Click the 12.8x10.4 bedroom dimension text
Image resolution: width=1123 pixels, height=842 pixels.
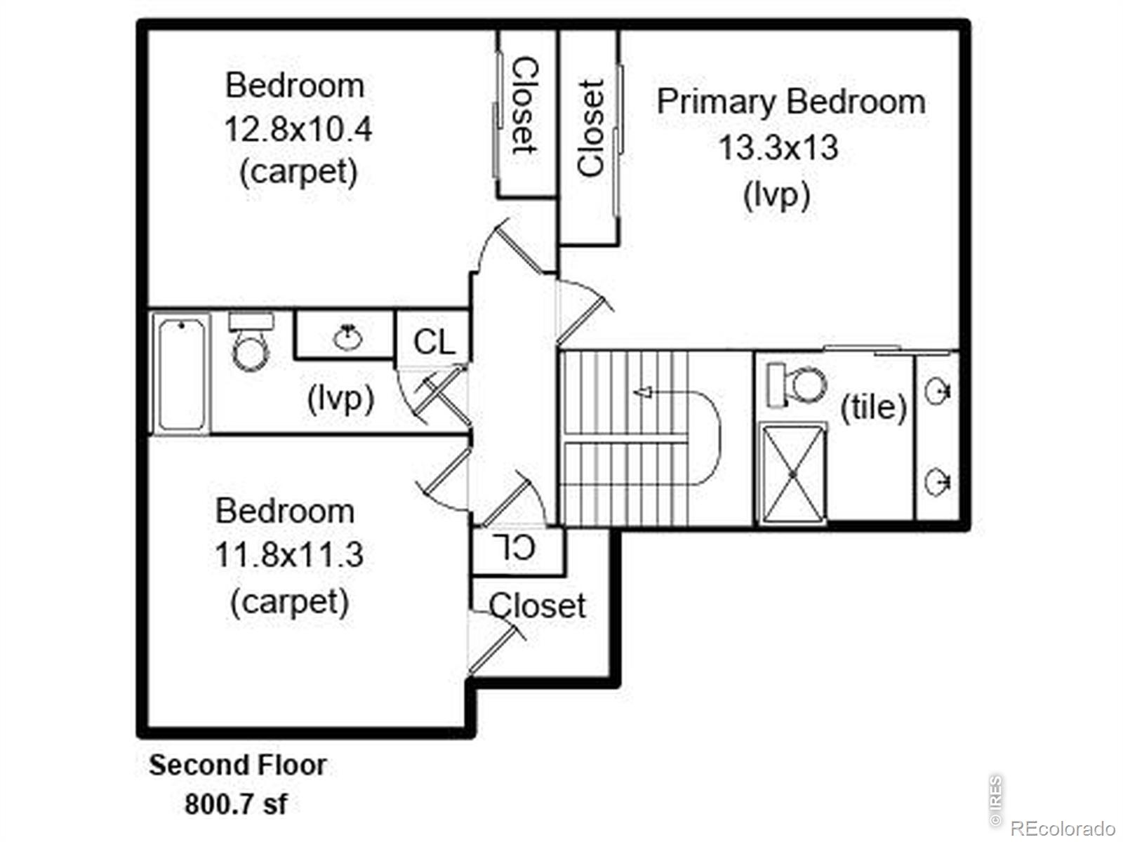tap(298, 129)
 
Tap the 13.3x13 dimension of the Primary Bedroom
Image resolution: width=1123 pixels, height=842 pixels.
tap(778, 148)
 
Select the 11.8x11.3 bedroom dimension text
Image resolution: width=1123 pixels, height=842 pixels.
tap(289, 555)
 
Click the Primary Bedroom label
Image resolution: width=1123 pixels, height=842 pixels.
tap(791, 102)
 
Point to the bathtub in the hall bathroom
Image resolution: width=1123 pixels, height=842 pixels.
tap(181, 374)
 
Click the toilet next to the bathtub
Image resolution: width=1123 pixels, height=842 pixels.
tap(250, 342)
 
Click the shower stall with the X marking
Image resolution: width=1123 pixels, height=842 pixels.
tap(793, 474)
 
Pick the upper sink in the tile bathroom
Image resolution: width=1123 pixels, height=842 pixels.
tap(938, 392)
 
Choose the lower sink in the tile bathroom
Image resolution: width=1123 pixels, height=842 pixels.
tap(938, 481)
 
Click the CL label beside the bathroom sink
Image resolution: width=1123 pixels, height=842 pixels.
tap(434, 342)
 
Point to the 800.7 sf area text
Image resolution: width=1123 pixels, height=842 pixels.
tap(236, 804)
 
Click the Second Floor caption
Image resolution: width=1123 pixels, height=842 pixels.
tap(238, 766)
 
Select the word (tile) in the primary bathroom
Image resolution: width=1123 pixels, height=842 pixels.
tap(874, 408)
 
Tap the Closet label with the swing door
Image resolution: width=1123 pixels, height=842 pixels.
tap(537, 606)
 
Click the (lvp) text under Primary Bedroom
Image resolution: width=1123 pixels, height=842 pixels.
tap(777, 195)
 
